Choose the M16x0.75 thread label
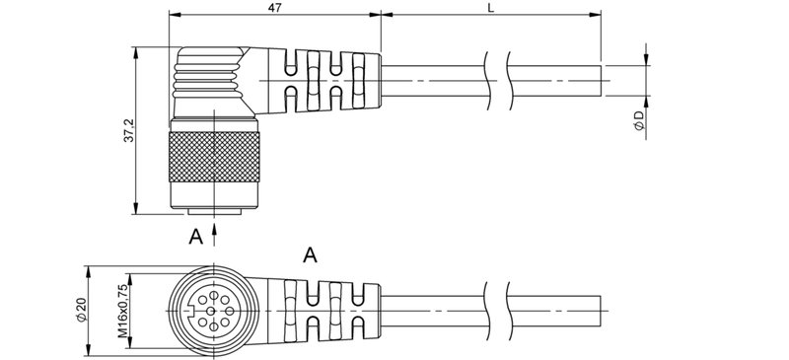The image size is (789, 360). [122, 312]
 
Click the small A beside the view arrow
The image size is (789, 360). [196, 236]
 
